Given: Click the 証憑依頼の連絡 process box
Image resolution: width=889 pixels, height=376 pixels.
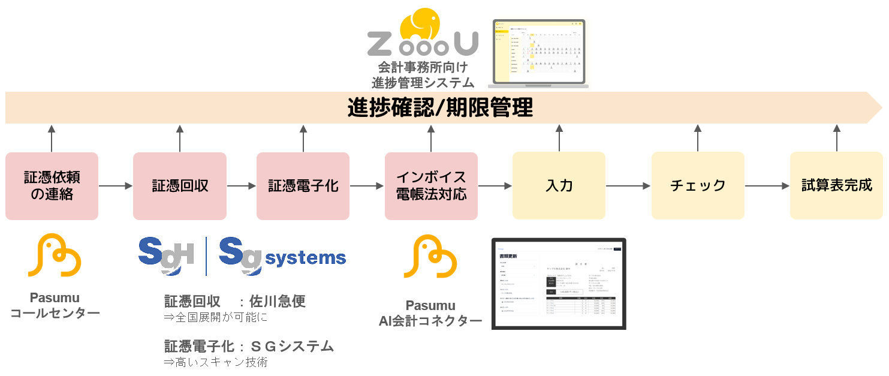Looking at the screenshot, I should (52, 186).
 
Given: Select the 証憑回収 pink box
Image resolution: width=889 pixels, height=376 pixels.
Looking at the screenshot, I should (180, 186).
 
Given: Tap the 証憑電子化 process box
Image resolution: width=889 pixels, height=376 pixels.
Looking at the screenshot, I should (303, 186).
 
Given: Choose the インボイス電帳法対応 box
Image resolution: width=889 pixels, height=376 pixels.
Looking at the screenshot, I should (431, 186).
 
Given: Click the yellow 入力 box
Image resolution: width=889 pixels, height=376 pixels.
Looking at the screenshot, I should (559, 186).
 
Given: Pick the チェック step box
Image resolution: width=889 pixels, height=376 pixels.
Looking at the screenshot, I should (698, 186).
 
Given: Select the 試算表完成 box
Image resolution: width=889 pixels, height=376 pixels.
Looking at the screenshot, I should (837, 186).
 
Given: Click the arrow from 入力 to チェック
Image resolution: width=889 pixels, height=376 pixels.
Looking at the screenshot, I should (628, 186).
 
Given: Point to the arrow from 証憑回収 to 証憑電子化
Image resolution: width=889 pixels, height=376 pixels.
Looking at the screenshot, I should (242, 186).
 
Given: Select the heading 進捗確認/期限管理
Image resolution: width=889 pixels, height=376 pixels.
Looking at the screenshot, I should (440, 108).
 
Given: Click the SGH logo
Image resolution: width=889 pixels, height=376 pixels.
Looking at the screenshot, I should (166, 256).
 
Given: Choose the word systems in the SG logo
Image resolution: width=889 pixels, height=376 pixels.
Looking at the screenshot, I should (306, 258).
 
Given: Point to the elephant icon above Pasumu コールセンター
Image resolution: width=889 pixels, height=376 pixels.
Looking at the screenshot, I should (55, 256).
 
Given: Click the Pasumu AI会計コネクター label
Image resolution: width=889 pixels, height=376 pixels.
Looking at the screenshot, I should (430, 314).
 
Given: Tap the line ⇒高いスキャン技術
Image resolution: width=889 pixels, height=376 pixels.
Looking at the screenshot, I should (216, 362).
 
